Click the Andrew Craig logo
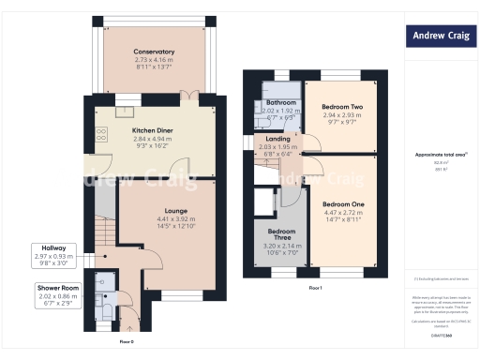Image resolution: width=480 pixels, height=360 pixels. [436, 37]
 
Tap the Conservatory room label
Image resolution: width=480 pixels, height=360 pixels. [153, 51]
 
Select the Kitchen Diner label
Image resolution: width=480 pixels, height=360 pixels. [150, 130]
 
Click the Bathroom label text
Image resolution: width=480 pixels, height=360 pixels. [280, 102]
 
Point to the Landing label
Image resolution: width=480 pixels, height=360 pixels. [278, 139]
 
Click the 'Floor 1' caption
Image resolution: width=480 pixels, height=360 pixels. [315, 288]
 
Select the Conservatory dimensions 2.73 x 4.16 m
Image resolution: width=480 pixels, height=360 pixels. [153, 58]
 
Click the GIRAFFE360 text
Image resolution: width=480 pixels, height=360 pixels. [440, 333]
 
